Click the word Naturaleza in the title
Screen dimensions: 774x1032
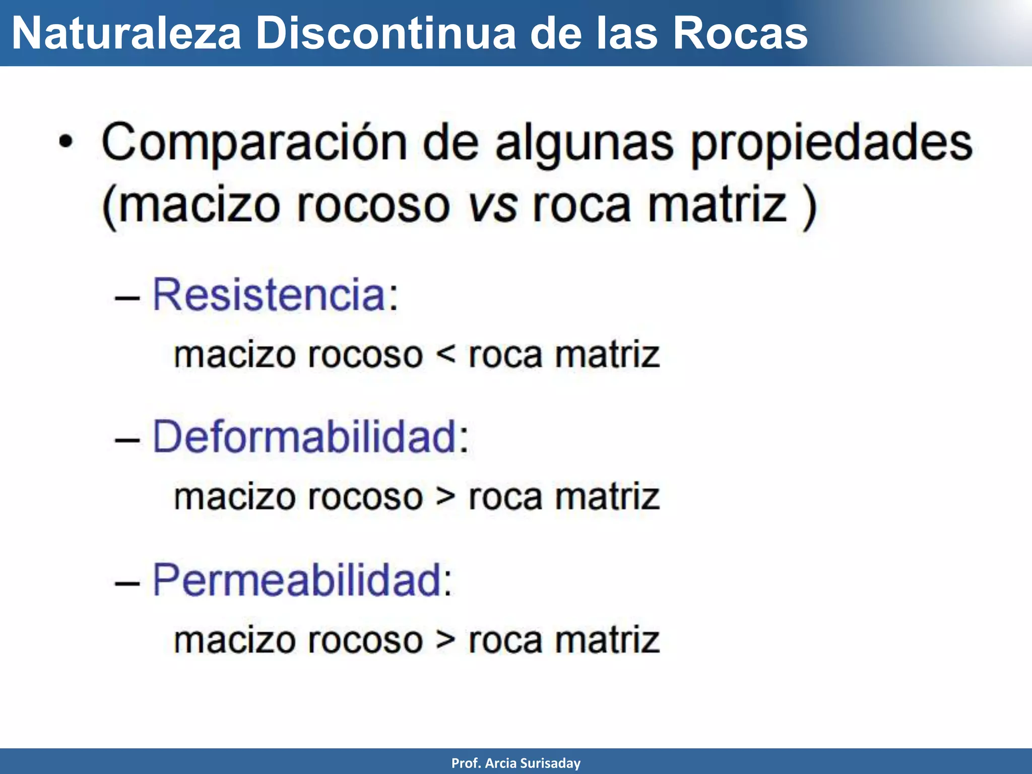(126, 34)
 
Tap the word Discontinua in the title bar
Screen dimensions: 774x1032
(385, 34)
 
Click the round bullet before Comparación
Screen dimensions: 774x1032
(66, 143)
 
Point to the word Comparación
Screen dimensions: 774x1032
(254, 144)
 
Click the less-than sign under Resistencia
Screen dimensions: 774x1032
(445, 355)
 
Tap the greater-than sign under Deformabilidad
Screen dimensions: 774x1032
(445, 497)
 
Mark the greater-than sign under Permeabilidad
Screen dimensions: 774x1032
(445, 640)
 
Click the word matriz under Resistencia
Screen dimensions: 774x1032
(607, 355)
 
